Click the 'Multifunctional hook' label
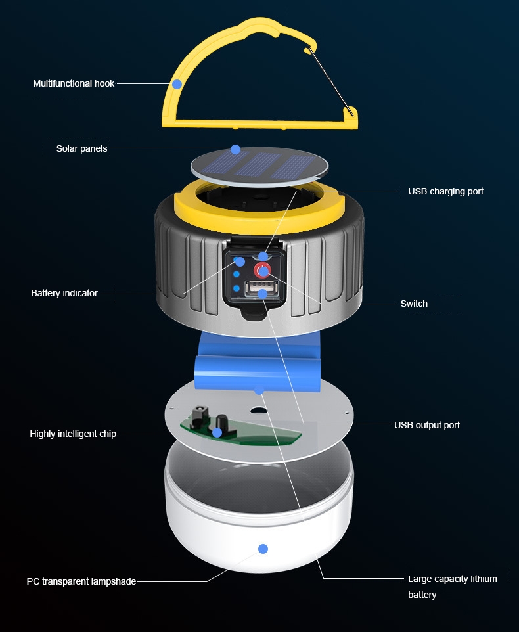pos(74,83)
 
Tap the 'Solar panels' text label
pos(82,148)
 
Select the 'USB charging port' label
pos(445,191)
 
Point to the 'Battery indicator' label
pos(64,293)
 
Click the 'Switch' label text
pos(414,304)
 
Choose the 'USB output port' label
pos(427,425)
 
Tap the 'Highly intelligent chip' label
pos(73,434)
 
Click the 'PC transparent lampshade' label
pos(81,581)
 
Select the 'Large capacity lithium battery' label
pos(452,587)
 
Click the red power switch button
pos(262,271)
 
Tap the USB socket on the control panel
pos(261,289)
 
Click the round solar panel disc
pos(259,166)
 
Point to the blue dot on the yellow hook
pos(177,84)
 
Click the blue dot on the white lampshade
pos(263,549)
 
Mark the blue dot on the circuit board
pos(217,432)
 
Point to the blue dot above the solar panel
pos(236,150)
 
